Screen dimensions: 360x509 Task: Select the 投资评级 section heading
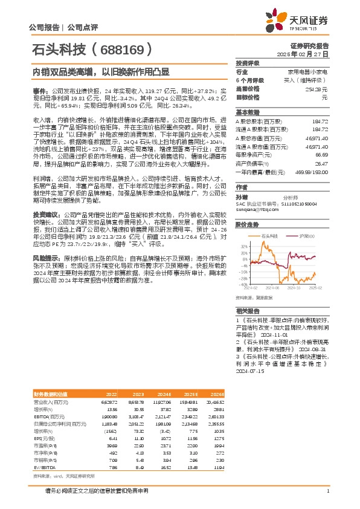(248, 63)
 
